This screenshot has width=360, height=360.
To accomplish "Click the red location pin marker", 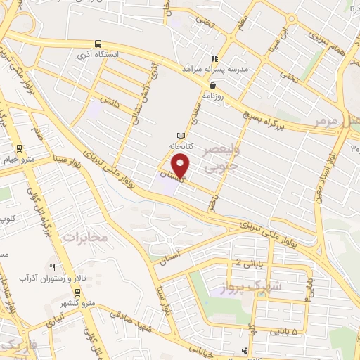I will (181, 165).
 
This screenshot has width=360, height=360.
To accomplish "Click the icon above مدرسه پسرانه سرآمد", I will (214, 59).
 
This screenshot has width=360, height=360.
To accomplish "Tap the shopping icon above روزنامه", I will (212, 84).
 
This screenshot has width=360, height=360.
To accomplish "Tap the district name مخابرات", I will (86, 237).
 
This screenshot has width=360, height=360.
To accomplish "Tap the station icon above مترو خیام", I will (18, 148).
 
